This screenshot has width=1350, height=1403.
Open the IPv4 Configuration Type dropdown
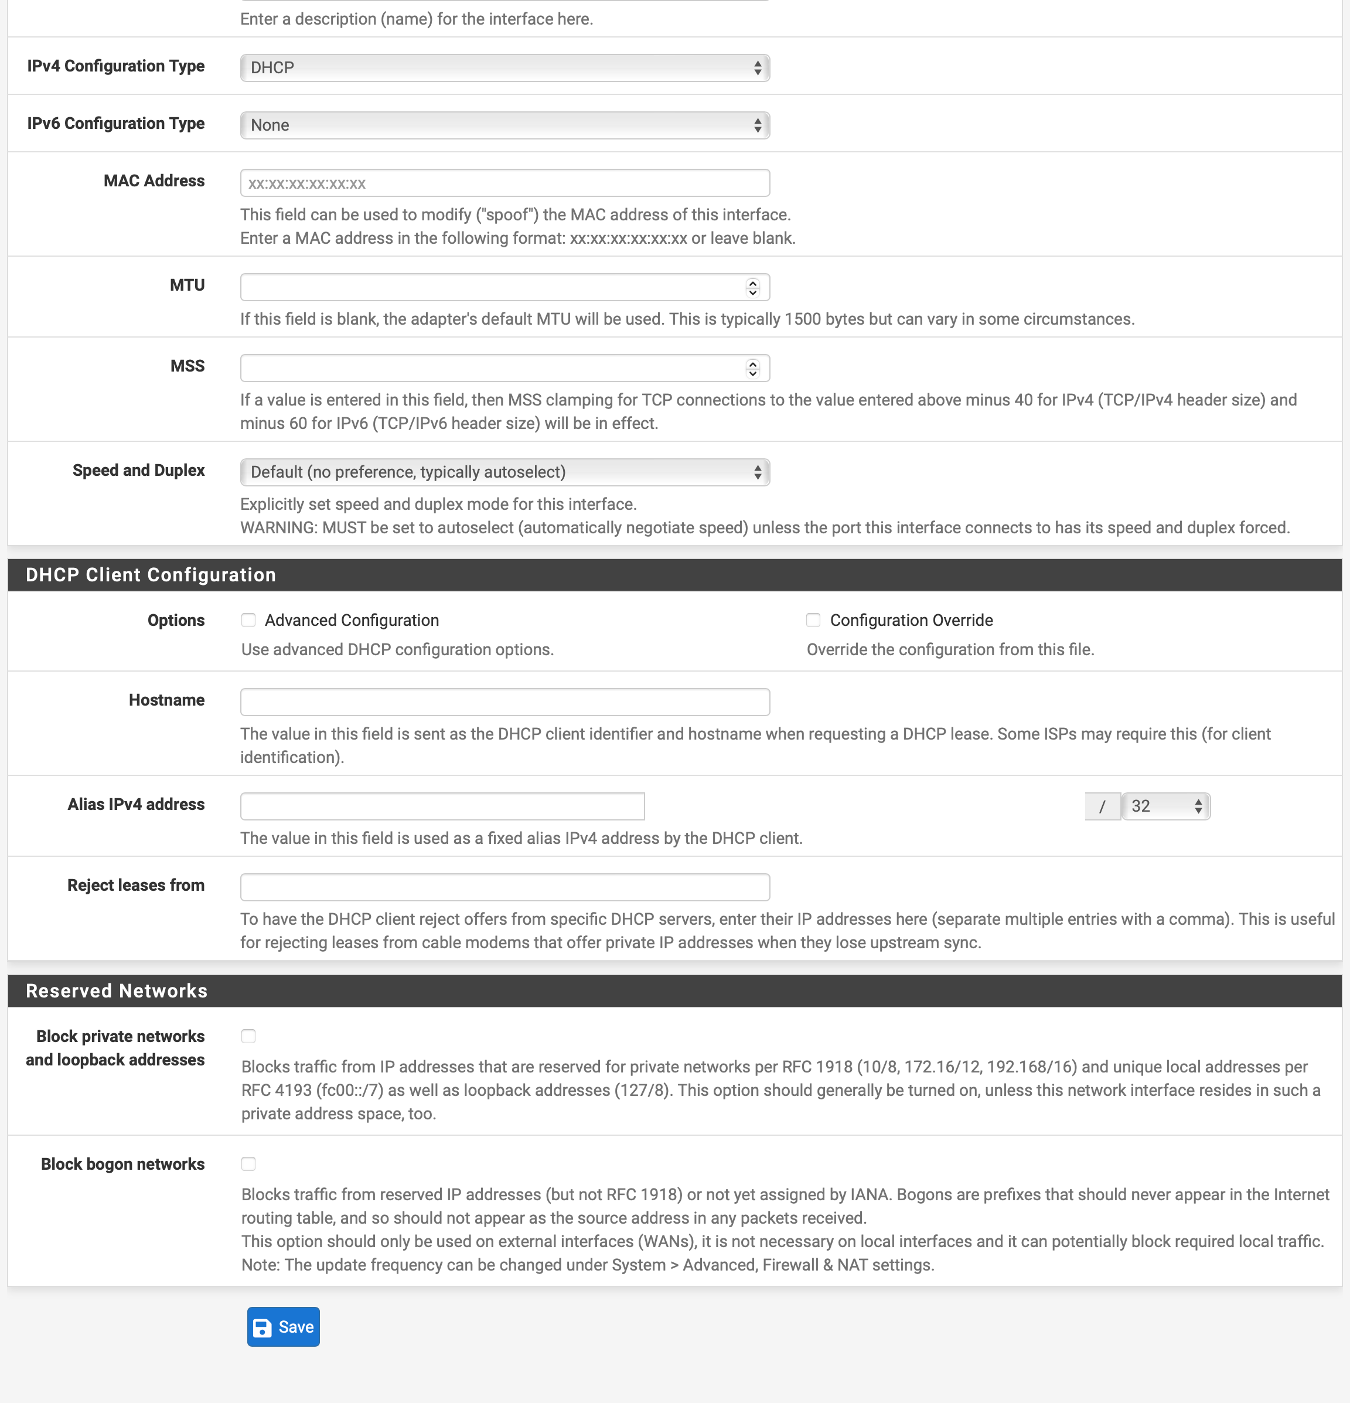pos(504,68)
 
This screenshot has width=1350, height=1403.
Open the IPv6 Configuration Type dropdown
pos(504,125)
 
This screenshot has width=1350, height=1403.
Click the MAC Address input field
pos(504,183)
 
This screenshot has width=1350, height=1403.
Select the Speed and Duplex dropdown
pos(504,472)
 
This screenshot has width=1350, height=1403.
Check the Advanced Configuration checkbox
pos(248,620)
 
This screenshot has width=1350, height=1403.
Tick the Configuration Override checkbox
pos(813,620)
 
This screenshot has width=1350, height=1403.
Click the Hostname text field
pos(504,702)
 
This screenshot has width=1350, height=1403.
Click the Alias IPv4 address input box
pos(442,806)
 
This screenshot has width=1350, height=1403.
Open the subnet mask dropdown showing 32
pos(1165,806)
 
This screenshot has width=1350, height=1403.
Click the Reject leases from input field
pos(504,887)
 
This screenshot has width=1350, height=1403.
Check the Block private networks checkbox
pos(248,1036)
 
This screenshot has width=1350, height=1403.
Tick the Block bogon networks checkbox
pos(248,1164)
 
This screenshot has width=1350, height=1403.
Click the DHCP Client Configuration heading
pos(151,575)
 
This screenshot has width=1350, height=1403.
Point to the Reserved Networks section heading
pos(117,990)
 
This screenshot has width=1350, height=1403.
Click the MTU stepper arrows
pos(752,287)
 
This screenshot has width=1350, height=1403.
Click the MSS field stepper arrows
pos(752,368)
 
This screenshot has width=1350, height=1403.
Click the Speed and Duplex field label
pos(138,470)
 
